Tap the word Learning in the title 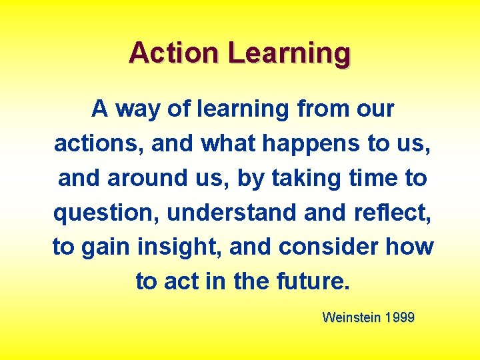(x=289, y=53)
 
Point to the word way (x=138, y=109)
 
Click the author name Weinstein (x=350, y=317)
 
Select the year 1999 (x=399, y=317)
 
